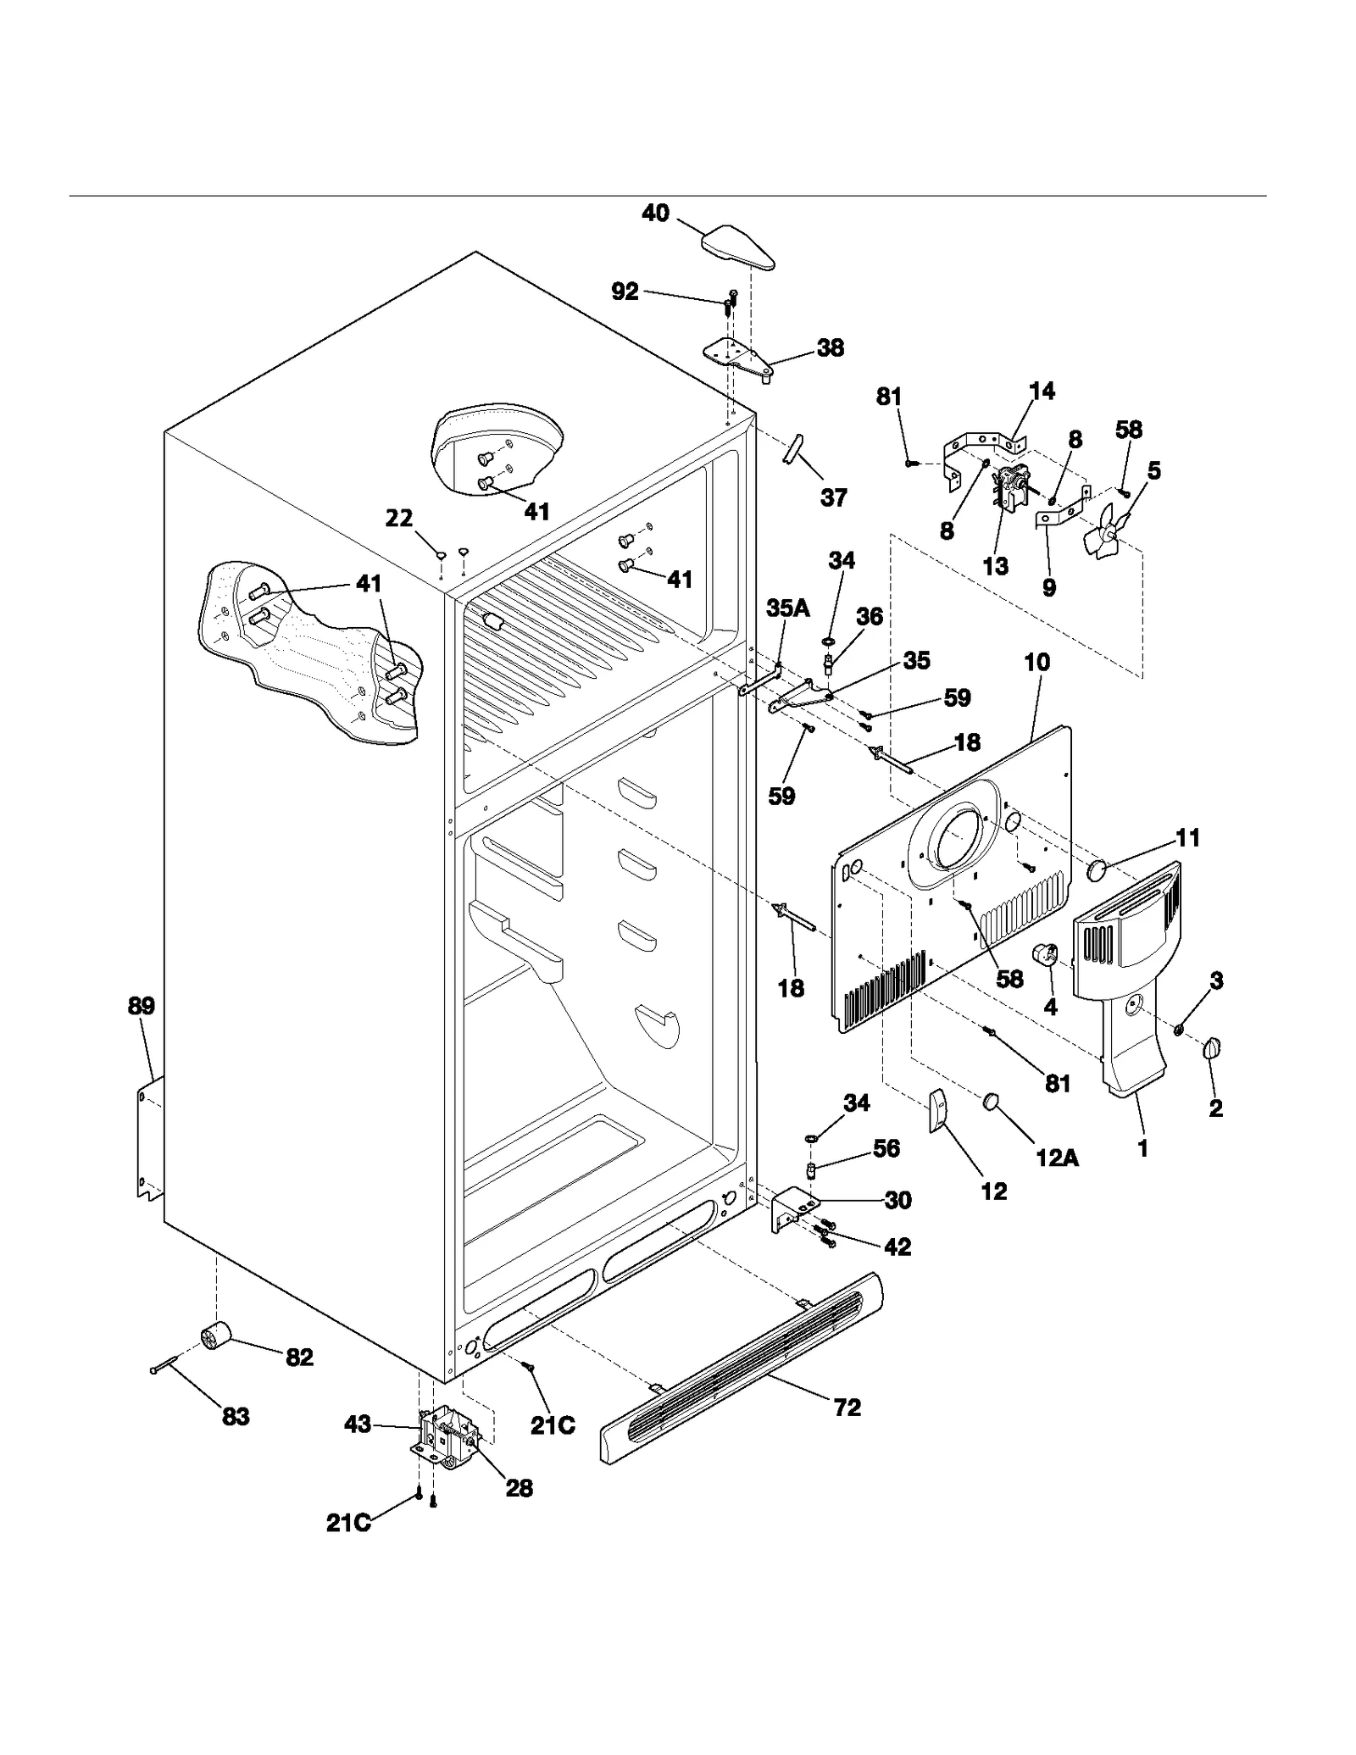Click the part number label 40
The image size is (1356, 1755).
655,213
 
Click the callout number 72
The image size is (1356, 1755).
847,1408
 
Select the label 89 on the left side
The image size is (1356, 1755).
142,1006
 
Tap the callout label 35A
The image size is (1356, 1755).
788,607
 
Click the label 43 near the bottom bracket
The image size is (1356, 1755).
358,1425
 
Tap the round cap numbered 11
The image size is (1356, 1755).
1098,869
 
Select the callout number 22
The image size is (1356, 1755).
399,518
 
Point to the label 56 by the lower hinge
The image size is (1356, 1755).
886,1148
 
